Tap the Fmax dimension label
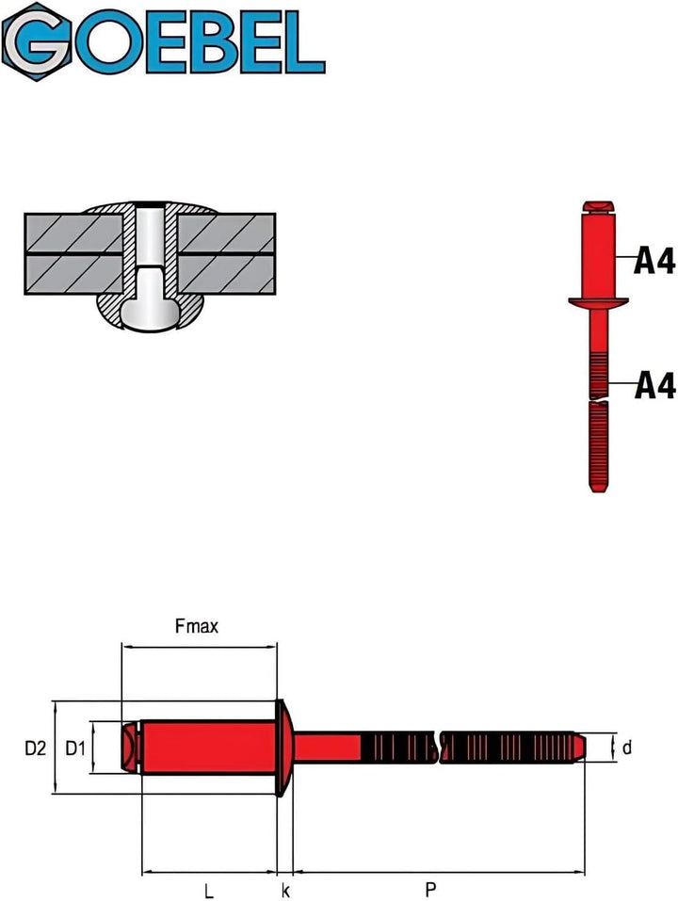197,626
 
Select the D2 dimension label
36,748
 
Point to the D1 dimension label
76,748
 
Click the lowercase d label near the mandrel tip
627,748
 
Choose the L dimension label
207,888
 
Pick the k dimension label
285,888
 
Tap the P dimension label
430,888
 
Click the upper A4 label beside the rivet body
654,260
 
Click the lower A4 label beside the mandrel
654,385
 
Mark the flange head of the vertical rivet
599,302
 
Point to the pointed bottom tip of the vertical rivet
599,488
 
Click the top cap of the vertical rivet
599,206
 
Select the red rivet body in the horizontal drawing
207,748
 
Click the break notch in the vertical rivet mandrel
599,400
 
